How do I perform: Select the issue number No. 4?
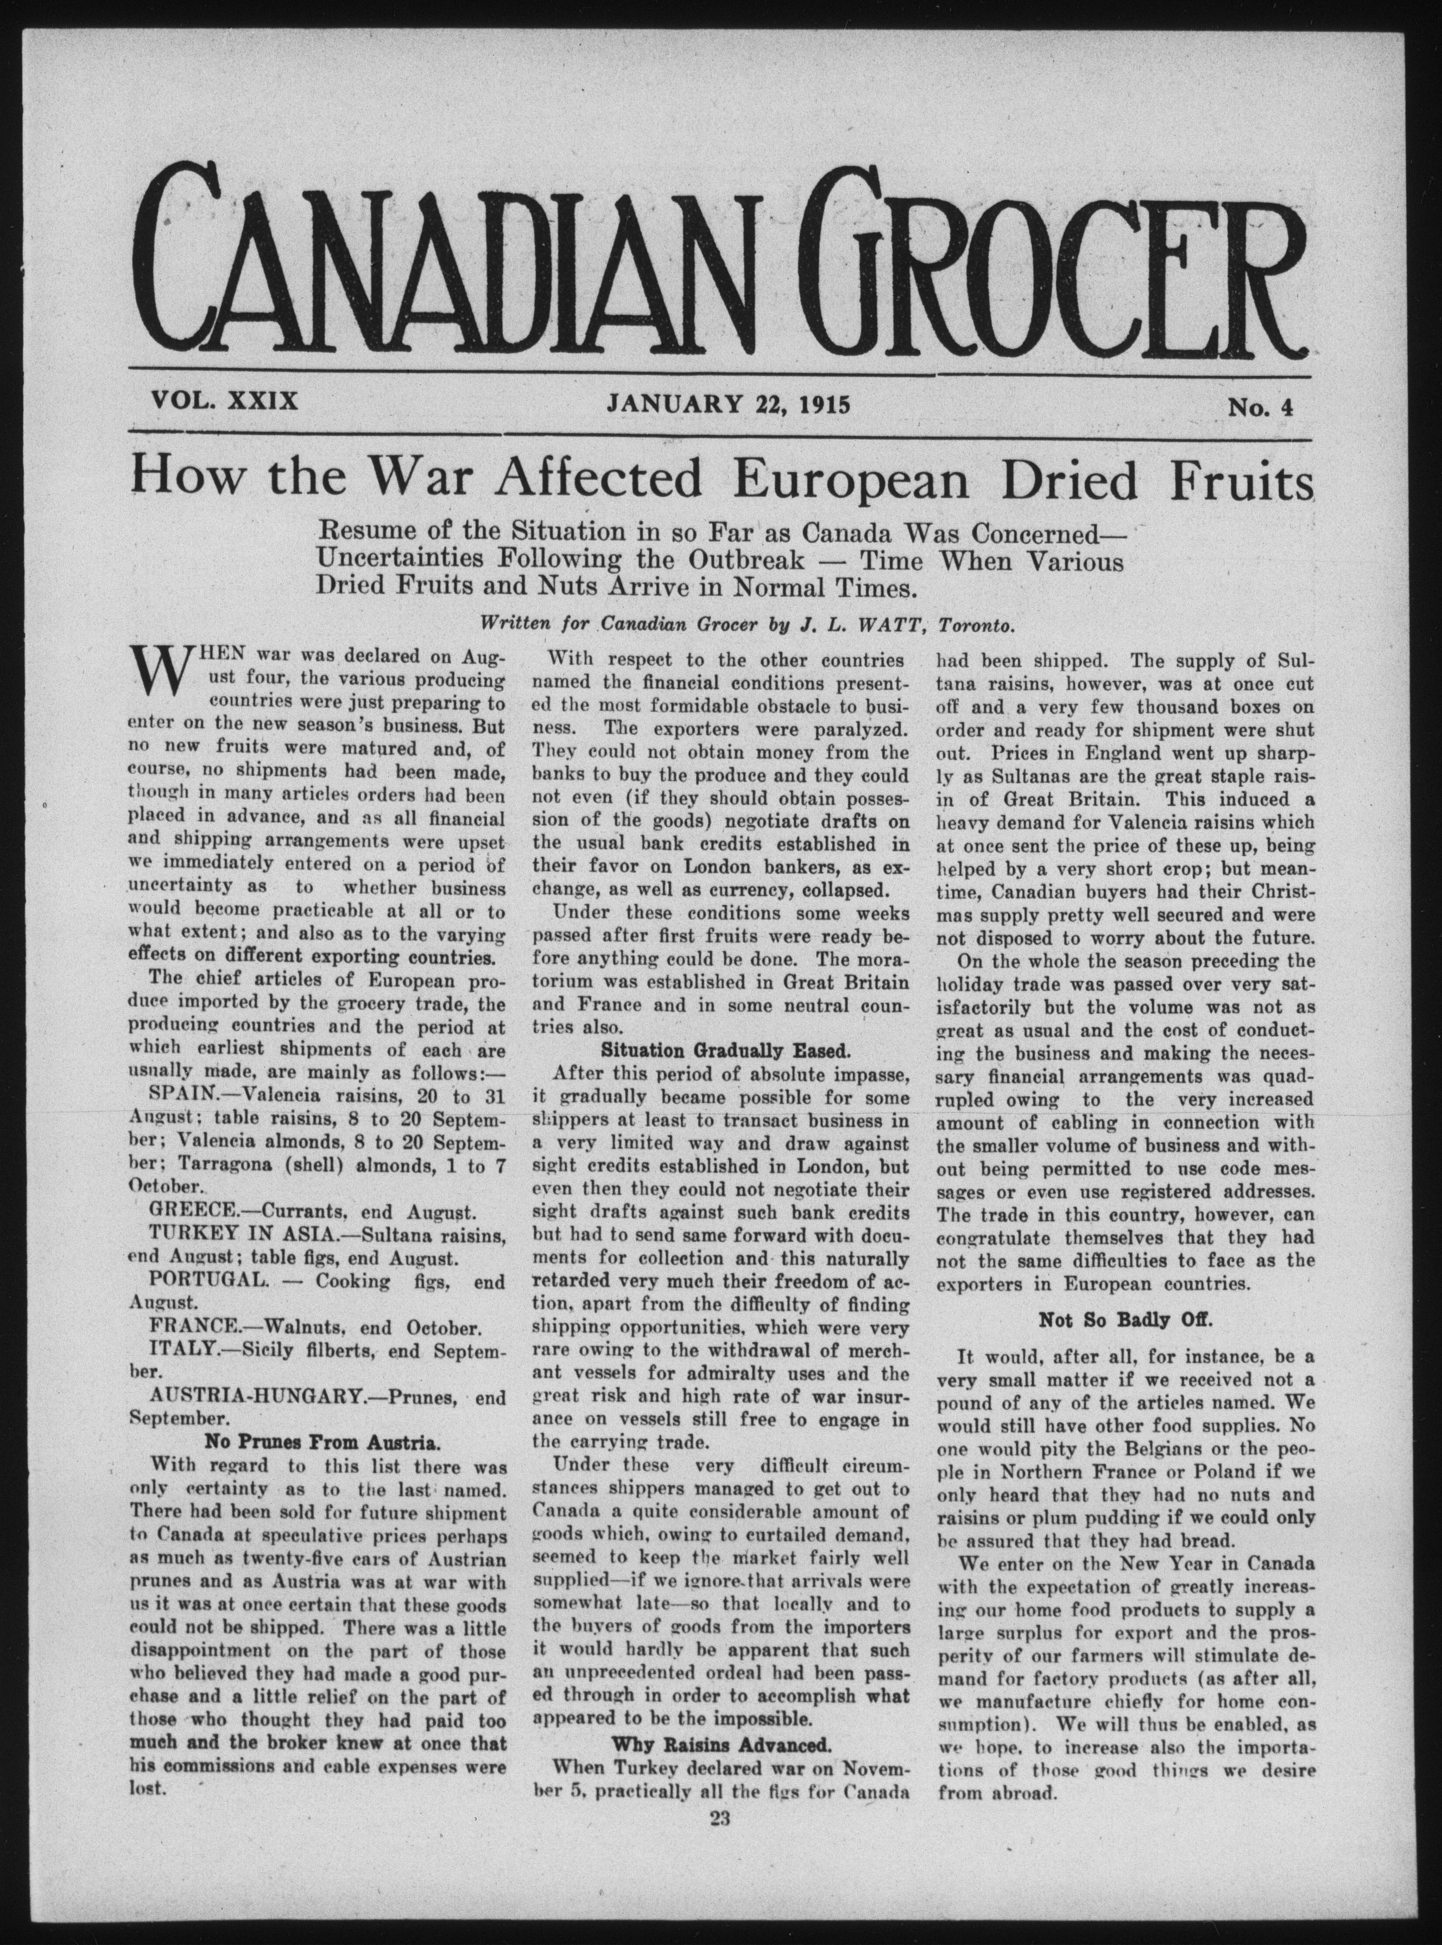coord(1258,406)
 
